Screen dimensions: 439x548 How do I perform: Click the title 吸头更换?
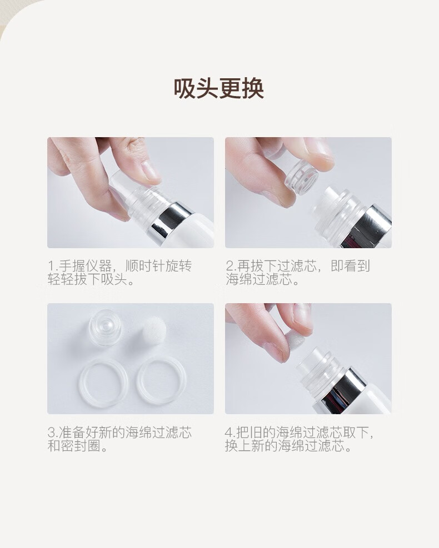click(x=219, y=88)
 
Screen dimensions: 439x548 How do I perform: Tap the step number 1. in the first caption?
click(x=52, y=267)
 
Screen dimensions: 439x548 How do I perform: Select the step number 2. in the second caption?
click(x=231, y=267)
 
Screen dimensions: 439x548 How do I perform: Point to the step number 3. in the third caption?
click(x=53, y=433)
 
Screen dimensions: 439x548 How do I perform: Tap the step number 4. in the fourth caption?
click(x=231, y=433)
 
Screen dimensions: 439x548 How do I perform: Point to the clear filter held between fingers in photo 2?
click(x=302, y=176)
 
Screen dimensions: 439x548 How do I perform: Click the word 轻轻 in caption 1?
click(x=61, y=280)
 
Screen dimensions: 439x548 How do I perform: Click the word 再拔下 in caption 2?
click(x=257, y=267)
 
